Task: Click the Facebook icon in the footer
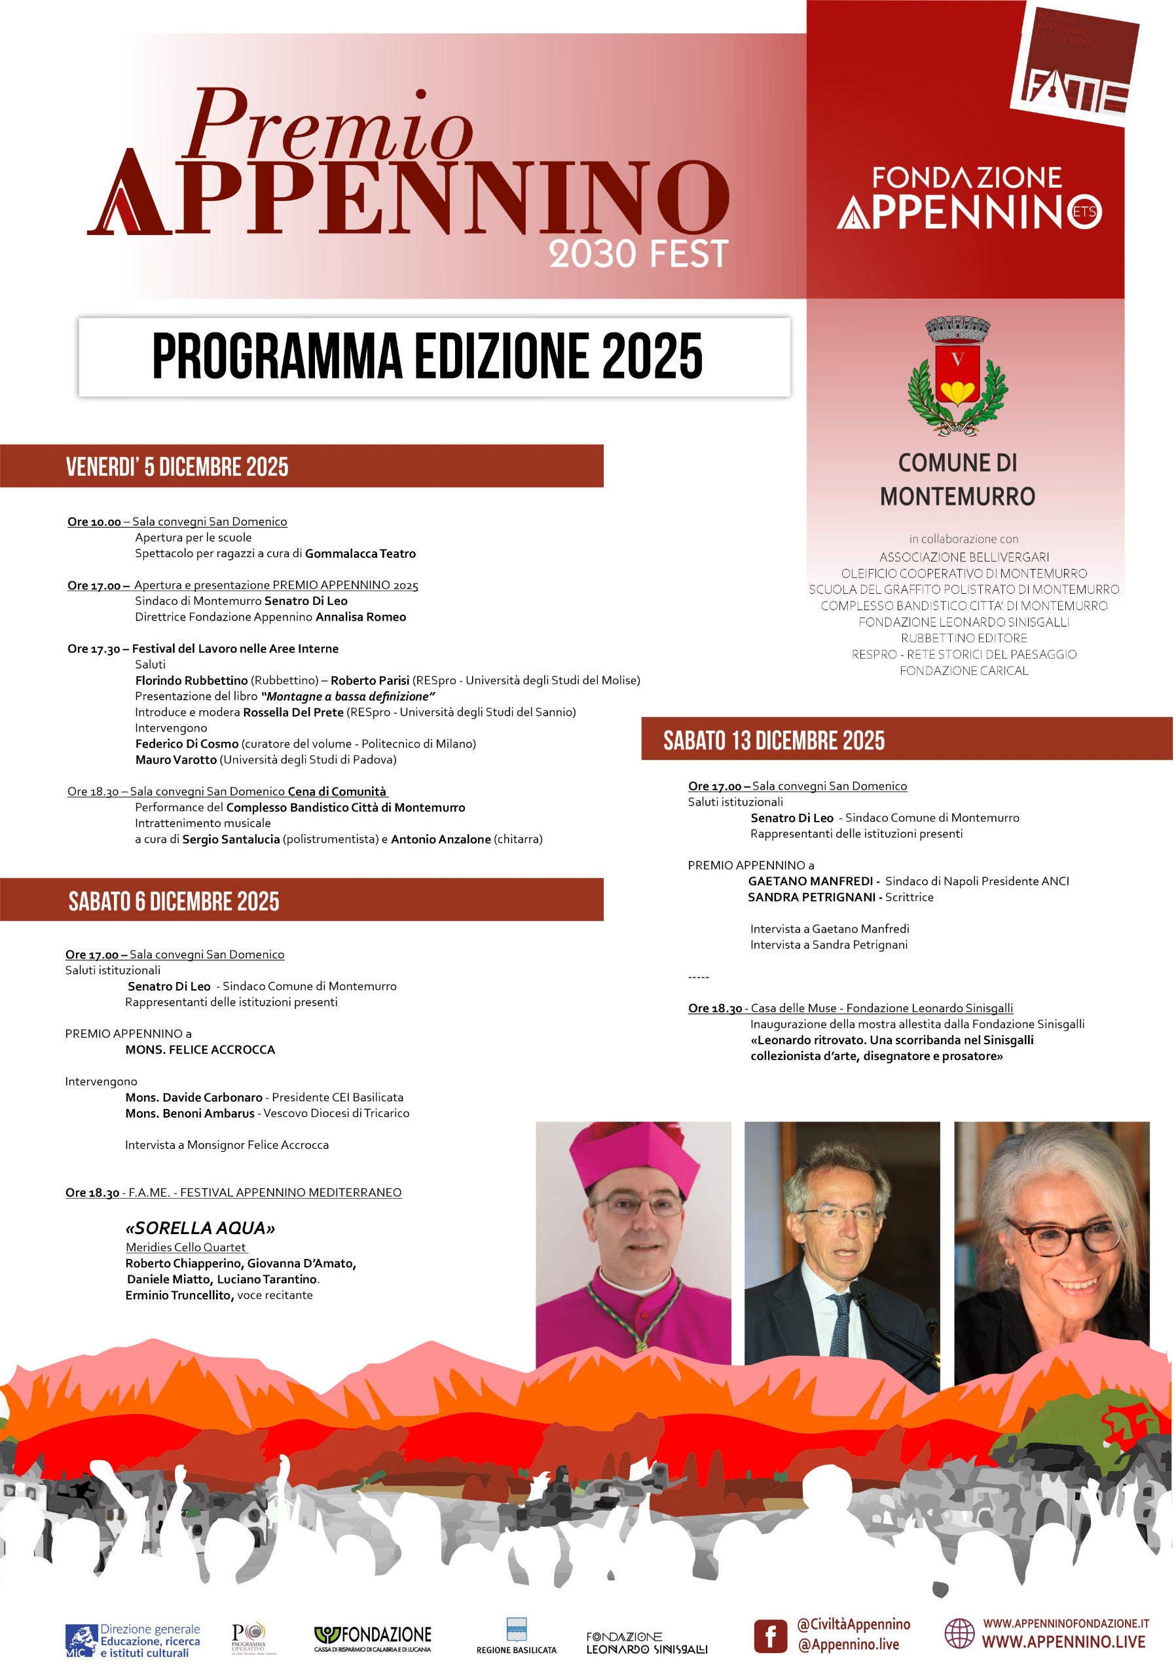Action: (770, 1636)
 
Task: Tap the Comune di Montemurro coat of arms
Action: (957, 376)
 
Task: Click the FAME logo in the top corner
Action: (1075, 64)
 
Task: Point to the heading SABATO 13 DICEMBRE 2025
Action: (773, 741)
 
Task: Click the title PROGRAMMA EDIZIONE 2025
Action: (427, 357)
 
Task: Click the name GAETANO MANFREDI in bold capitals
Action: (810, 881)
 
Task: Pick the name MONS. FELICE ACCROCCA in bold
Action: (200, 1049)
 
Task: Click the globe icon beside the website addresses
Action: (959, 1633)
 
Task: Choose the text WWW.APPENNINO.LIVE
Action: (1063, 1643)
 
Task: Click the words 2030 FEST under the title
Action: (638, 254)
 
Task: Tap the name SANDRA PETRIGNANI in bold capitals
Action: (811, 897)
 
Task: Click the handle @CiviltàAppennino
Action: (853, 1624)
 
